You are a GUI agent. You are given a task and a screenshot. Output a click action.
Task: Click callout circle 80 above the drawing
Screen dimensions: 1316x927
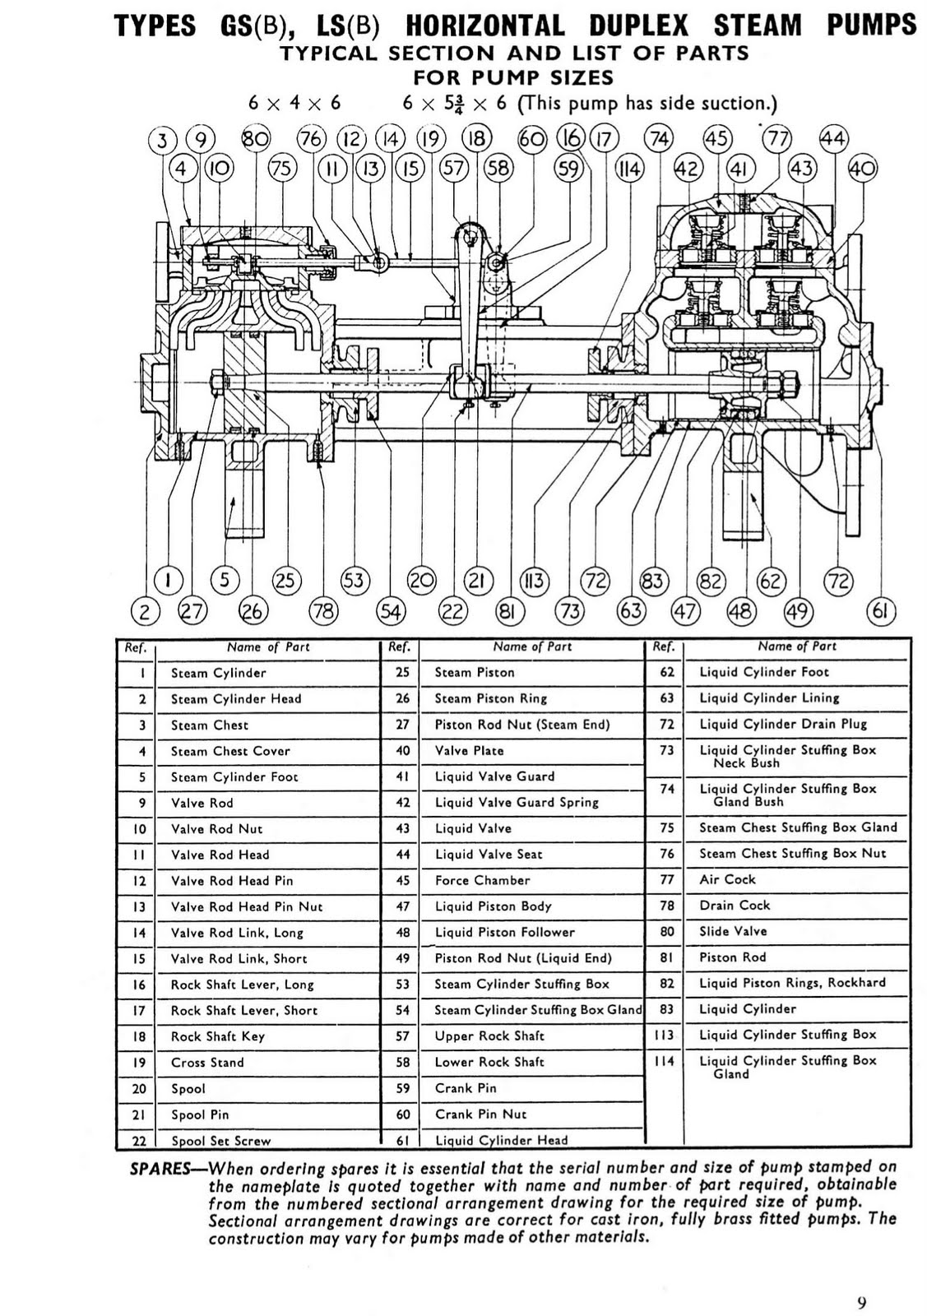(x=255, y=138)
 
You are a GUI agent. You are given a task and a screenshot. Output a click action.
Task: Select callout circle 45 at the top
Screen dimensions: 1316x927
(x=718, y=138)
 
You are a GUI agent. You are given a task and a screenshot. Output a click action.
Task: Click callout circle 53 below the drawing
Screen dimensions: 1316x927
(x=354, y=581)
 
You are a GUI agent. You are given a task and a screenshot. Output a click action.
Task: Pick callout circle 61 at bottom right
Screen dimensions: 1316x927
(x=881, y=611)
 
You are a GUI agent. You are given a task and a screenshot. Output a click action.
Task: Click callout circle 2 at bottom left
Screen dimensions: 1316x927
(x=145, y=611)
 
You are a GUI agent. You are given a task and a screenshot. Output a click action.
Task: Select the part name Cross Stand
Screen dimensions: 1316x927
(x=207, y=1063)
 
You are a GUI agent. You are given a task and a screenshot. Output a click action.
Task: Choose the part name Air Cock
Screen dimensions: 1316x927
(x=727, y=879)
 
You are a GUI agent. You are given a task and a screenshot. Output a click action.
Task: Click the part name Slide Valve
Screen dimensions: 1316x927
(x=733, y=931)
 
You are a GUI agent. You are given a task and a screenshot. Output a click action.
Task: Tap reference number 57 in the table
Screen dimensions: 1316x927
(x=402, y=1036)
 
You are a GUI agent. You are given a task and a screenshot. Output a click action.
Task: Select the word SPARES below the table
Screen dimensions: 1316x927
(x=160, y=1169)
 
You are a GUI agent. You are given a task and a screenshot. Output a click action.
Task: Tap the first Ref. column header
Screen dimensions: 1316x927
(x=135, y=647)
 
